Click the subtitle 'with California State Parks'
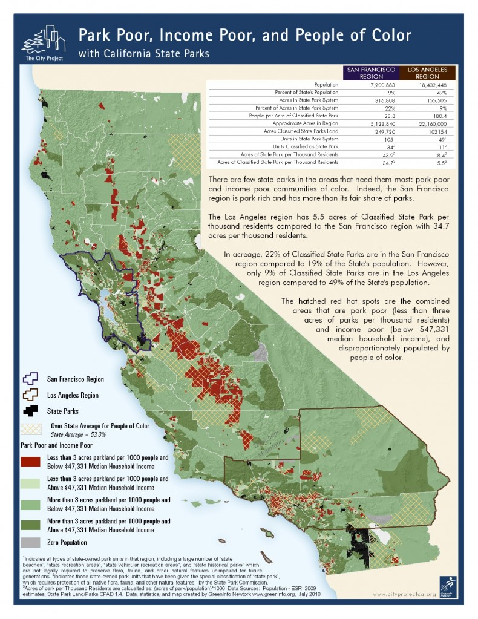(144, 54)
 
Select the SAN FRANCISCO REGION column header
(370, 73)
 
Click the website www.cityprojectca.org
(404, 594)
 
